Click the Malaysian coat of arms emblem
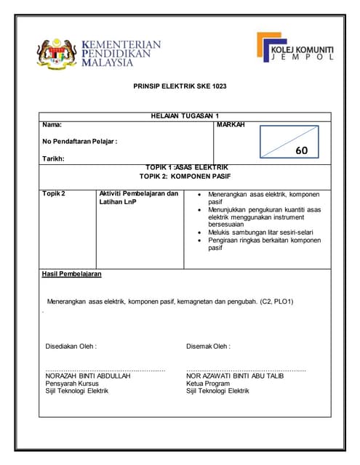[x=56, y=53]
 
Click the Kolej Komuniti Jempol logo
[x=294, y=48]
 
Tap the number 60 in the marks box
[x=302, y=150]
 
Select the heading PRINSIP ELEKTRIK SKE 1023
[x=180, y=86]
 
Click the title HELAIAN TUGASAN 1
[x=185, y=116]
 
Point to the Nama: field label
[x=52, y=125]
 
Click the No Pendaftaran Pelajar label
[x=80, y=141]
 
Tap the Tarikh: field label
[x=54, y=158]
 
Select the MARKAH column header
[x=231, y=125]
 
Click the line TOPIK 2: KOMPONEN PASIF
[x=185, y=177]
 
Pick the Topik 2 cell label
[x=54, y=194]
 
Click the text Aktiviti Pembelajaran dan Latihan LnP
[x=138, y=198]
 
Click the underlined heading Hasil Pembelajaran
[x=72, y=274]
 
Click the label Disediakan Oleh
[x=71, y=346]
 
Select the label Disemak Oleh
[x=208, y=346]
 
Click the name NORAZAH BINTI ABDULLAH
[x=88, y=376]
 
